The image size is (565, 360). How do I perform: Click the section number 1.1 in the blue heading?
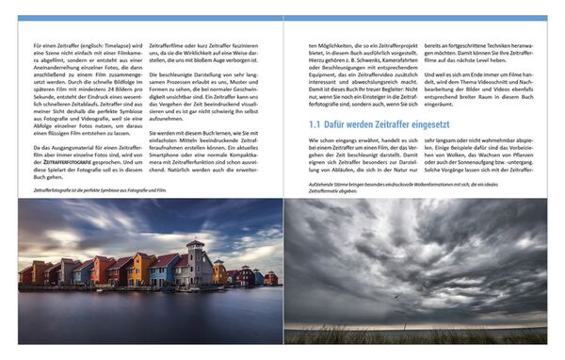(x=316, y=123)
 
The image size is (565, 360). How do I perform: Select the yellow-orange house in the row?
(x=140, y=269)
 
